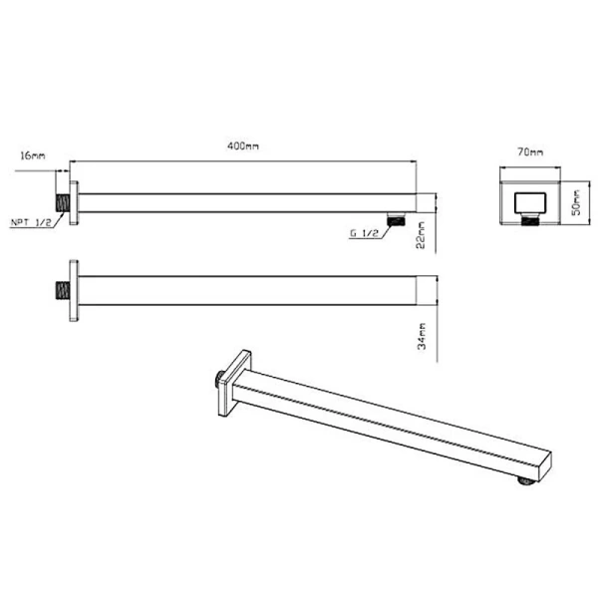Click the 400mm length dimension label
[242, 147]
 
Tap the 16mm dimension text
[32, 155]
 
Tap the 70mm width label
[530, 152]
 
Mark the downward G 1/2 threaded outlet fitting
[396, 217]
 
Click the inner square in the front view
[528, 205]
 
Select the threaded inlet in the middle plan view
[61, 292]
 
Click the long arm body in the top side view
[244, 200]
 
